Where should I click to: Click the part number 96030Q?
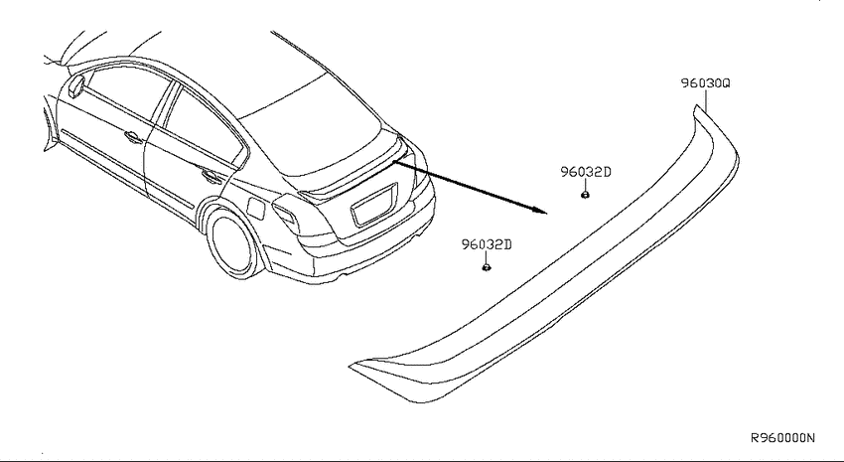(705, 83)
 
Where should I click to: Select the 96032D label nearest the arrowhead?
(586, 172)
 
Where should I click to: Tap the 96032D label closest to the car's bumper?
(487, 245)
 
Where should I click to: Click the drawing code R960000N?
(782, 438)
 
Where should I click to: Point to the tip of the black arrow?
(547, 214)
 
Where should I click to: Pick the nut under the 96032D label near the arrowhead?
(585, 195)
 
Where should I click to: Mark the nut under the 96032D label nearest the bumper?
(487, 267)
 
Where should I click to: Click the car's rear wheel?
(232, 243)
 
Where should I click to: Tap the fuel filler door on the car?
(255, 209)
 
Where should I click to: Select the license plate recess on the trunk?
(374, 205)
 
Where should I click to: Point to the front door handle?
(133, 137)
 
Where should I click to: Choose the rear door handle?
(211, 176)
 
